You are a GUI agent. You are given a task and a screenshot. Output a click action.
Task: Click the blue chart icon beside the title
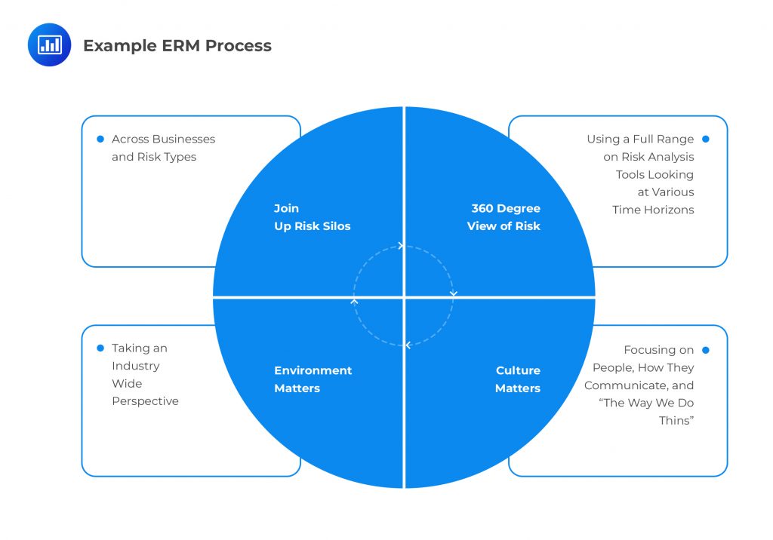(49, 45)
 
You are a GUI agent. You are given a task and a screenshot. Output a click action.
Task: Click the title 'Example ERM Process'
(177, 46)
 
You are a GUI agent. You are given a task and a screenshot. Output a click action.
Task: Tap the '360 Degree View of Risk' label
(504, 217)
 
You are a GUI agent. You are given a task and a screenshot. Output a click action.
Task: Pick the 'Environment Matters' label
(313, 379)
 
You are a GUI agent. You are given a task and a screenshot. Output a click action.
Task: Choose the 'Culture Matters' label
(518, 379)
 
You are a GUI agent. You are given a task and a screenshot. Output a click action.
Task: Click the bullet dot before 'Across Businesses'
(100, 139)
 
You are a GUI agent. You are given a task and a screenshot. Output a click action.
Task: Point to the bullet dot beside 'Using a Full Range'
(706, 139)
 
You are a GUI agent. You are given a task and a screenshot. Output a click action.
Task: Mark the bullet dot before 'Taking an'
(100, 348)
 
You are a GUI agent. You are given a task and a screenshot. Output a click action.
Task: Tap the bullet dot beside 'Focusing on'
(706, 350)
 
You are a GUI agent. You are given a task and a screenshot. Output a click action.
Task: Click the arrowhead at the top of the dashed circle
(401, 246)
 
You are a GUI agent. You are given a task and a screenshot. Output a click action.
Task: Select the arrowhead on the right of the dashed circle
(453, 293)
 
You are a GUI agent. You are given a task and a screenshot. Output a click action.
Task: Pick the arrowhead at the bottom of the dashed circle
(408, 345)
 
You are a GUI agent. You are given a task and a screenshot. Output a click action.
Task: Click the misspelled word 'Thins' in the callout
(676, 421)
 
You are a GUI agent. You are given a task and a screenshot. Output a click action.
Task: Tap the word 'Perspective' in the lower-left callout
(145, 401)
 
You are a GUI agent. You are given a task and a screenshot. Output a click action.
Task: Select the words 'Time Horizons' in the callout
(653, 210)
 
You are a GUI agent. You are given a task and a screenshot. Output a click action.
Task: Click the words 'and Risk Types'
(154, 157)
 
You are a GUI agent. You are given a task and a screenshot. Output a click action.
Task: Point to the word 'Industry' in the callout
(136, 366)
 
